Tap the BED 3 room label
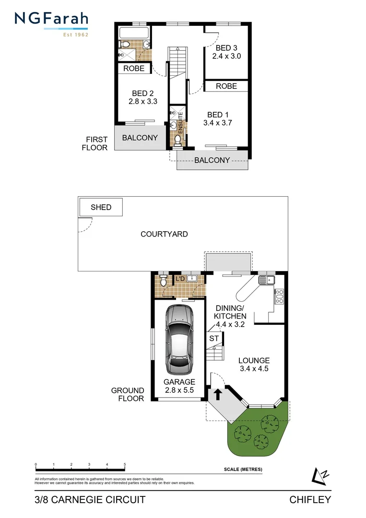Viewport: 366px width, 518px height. [226, 48]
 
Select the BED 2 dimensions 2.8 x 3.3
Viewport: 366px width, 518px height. [143, 102]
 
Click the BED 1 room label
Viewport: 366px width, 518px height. [218, 115]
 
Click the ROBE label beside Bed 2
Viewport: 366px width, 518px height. [134, 69]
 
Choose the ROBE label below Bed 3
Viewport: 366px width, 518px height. [226, 86]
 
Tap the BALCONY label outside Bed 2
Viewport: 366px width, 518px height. [140, 138]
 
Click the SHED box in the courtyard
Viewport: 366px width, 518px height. [101, 207]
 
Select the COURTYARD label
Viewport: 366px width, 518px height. [164, 234]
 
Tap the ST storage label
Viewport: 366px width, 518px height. [214, 339]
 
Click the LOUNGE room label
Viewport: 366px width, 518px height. [254, 361]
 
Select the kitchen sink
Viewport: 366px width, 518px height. [264, 280]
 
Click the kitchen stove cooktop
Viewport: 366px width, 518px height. [279, 296]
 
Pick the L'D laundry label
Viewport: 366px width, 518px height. [180, 279]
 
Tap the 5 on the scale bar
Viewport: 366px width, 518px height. [125, 465]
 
